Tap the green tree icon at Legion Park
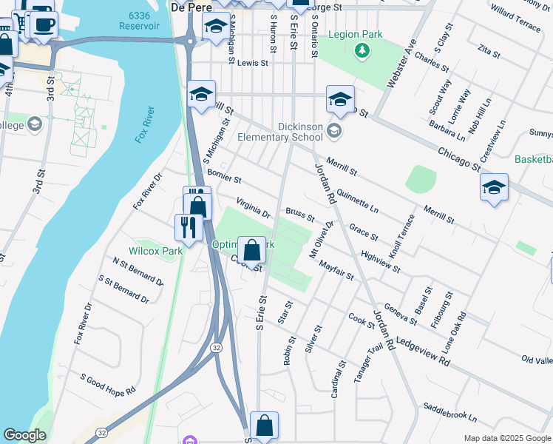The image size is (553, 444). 362,50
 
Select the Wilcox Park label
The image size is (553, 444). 155,251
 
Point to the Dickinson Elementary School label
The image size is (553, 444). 280,132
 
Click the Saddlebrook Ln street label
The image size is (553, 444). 450,412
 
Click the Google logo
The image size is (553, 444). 24,435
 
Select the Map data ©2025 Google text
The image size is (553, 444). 507,438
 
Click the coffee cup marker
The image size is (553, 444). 44,24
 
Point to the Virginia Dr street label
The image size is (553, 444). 254,208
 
